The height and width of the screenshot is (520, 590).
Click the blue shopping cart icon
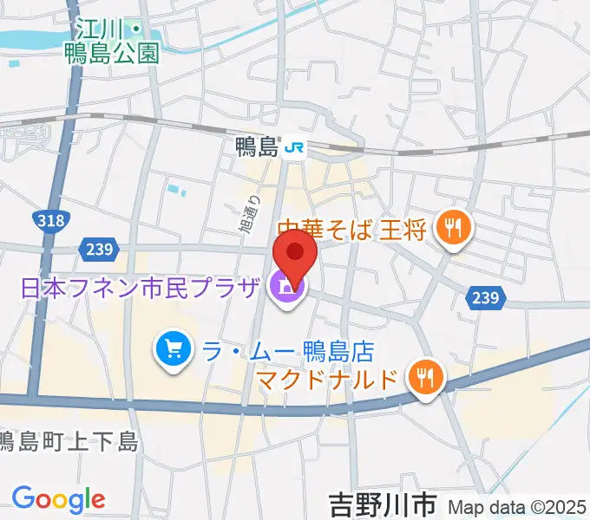point(172,349)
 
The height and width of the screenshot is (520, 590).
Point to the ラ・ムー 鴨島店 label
point(286,350)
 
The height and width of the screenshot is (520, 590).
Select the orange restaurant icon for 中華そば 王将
point(453,229)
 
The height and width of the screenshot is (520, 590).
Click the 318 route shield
point(51,221)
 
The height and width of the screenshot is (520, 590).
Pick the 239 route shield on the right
point(484,297)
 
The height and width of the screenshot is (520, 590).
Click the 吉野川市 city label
point(382,503)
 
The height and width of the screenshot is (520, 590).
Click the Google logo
point(58,498)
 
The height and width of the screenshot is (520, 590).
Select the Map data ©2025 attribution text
point(518,505)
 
